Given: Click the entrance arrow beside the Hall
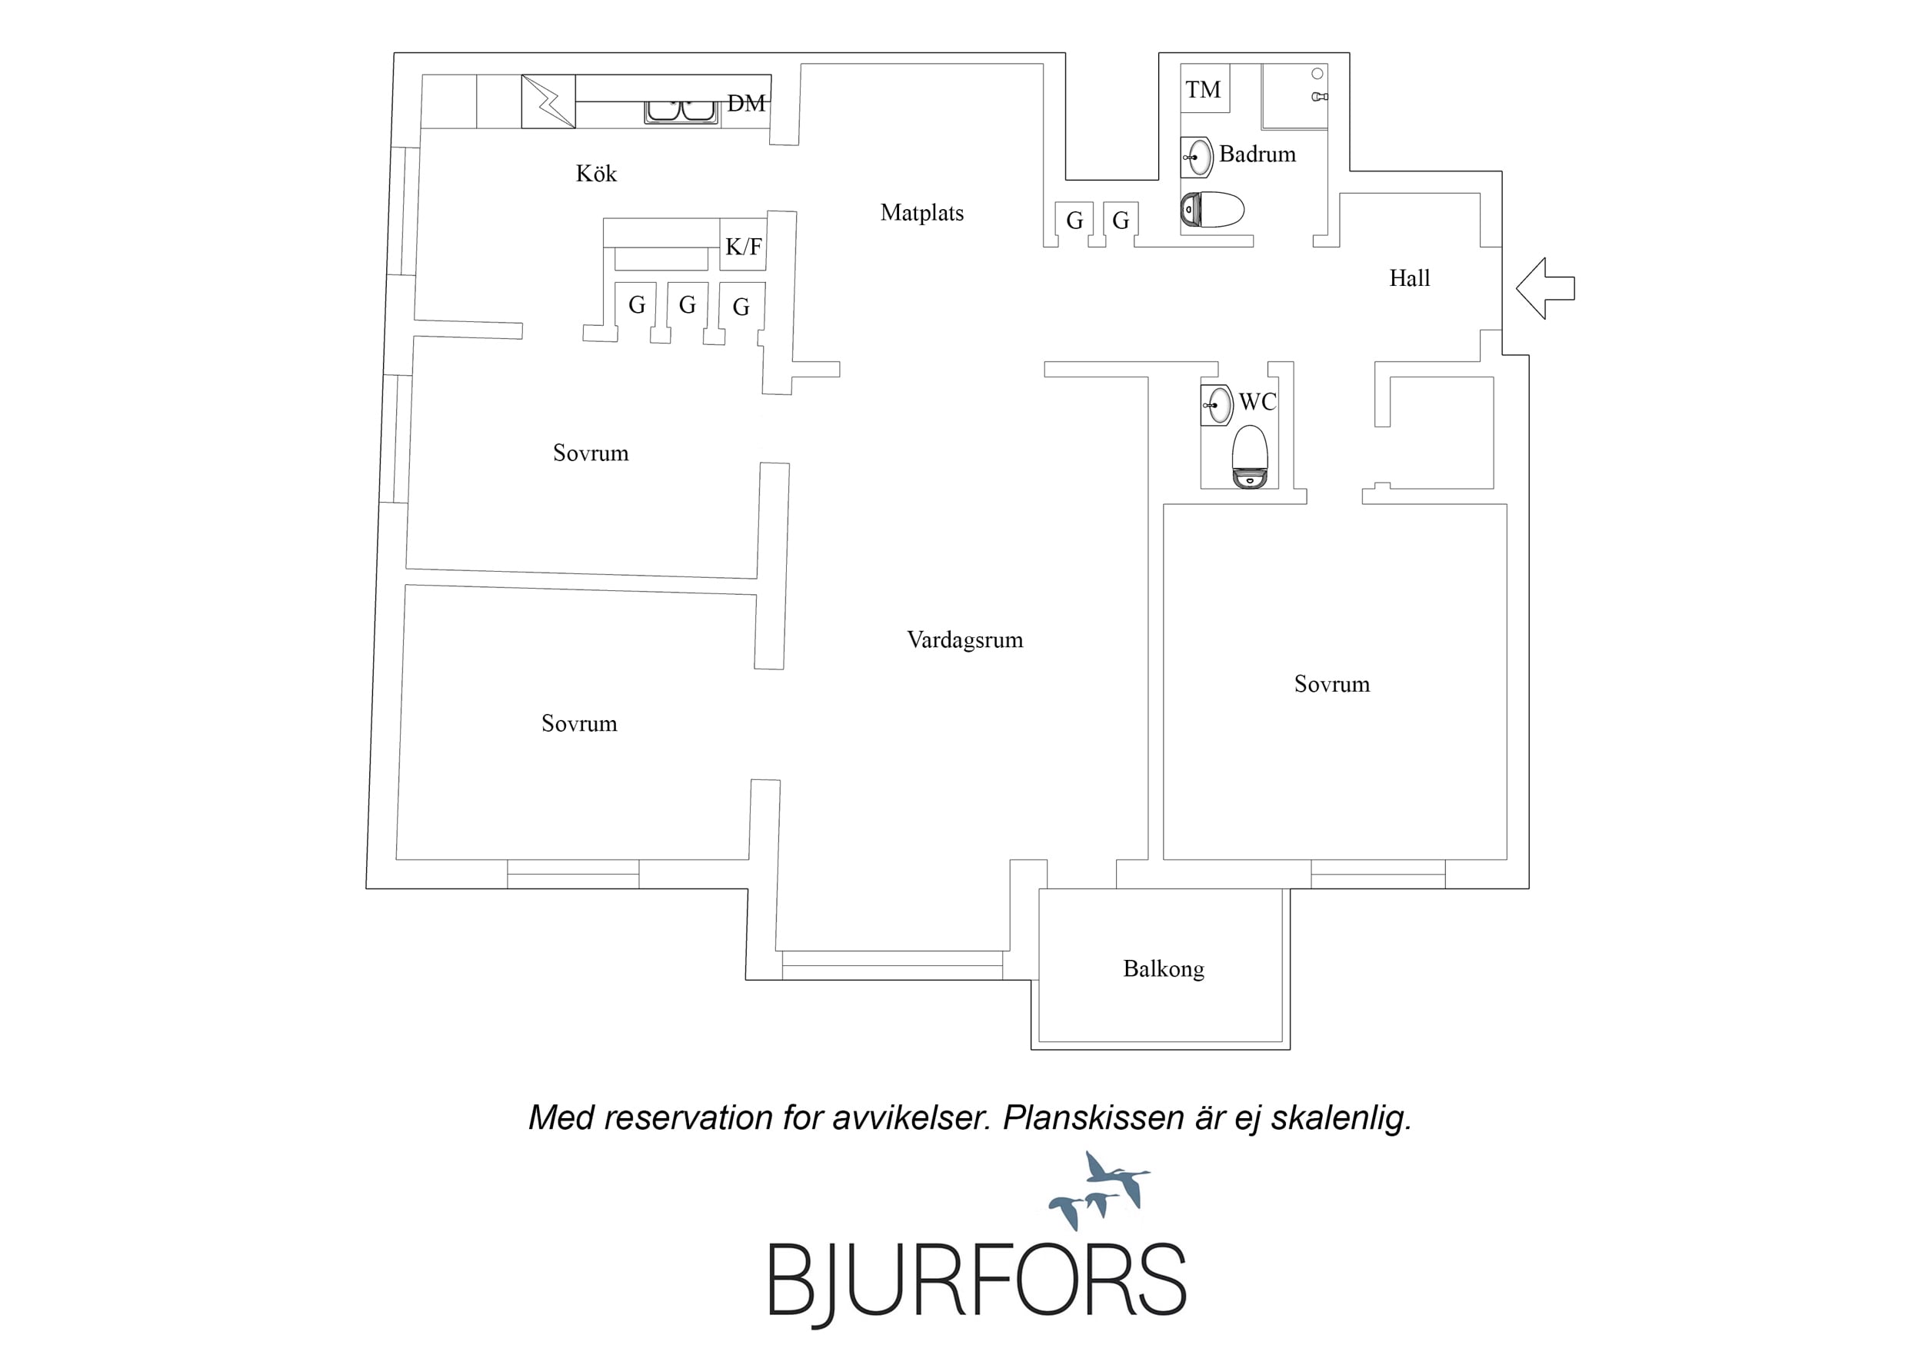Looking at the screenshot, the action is tap(1544, 288).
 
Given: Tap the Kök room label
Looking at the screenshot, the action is tap(596, 173).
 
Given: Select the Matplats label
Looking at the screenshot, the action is tap(921, 213).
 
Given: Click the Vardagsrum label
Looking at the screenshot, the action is tap(964, 640).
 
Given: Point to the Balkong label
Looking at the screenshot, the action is tap(1164, 969).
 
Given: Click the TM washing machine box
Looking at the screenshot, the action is tap(1204, 88).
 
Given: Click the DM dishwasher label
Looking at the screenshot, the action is tap(746, 104).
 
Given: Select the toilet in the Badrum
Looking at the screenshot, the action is tap(1212, 210).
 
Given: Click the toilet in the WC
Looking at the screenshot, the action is tap(1251, 457).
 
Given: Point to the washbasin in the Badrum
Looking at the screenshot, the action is tap(1197, 158).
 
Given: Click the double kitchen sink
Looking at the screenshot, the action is tap(681, 111).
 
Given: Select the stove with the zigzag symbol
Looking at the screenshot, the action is tap(548, 101).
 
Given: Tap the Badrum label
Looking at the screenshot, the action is tap(1257, 154).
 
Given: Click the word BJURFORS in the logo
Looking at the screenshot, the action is tap(977, 1281).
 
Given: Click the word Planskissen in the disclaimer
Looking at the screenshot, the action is tap(1093, 1119).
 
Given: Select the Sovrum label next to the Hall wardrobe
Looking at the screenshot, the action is tap(1332, 685).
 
